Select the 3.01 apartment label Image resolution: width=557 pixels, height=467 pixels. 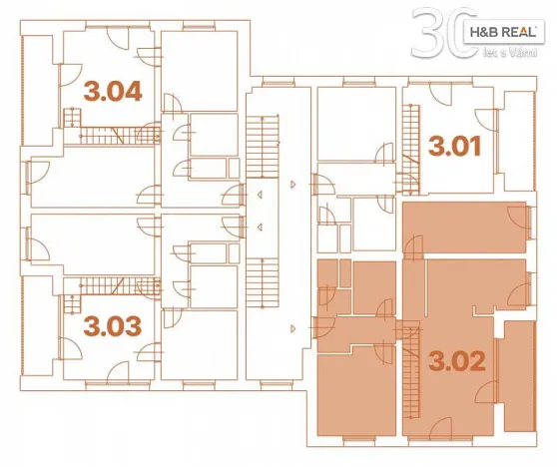tap(455, 147)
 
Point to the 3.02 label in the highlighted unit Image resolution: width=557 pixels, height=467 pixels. tap(456, 360)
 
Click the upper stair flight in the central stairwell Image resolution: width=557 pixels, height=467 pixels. tap(267, 132)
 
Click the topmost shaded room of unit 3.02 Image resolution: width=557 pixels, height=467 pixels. tap(464, 227)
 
